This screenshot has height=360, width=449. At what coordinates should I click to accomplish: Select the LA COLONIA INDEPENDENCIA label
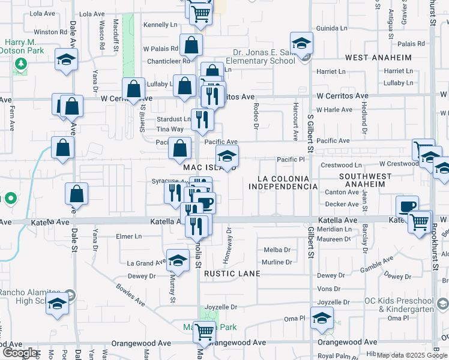pos(283,183)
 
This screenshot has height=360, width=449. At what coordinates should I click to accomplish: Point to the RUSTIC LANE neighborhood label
pos(232,274)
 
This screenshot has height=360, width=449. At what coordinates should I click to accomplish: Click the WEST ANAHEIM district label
pos(378,58)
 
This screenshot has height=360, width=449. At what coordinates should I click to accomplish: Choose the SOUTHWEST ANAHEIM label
pos(361,180)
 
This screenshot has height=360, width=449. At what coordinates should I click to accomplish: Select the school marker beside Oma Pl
pos(322,318)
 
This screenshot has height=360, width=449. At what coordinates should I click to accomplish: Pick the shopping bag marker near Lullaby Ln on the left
pos(134,89)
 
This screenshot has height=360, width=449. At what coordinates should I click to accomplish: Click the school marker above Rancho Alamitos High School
pos(57,304)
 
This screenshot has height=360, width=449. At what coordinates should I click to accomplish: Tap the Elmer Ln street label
pos(129,236)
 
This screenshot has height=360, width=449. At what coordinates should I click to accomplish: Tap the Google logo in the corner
pos(19,353)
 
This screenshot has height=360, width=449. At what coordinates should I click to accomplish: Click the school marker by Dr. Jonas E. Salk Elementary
pos(301,44)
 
